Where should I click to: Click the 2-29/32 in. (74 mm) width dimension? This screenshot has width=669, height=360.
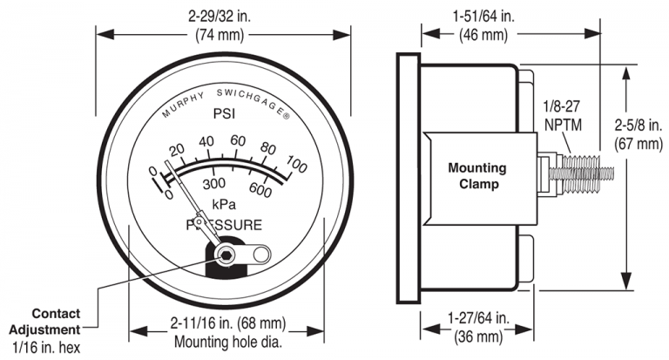tap(223, 24)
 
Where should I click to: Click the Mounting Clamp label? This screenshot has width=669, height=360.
tap(476, 175)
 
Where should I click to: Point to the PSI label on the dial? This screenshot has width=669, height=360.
tap(226, 114)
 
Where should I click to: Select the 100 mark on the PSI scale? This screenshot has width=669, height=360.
tap(296, 165)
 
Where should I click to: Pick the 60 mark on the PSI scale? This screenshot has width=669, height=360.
tap(237, 142)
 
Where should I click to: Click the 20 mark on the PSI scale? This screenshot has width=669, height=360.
tap(177, 149)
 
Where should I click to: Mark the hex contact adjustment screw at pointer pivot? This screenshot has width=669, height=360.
tap(226, 255)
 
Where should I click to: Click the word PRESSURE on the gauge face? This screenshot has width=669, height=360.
tap(226, 225)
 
